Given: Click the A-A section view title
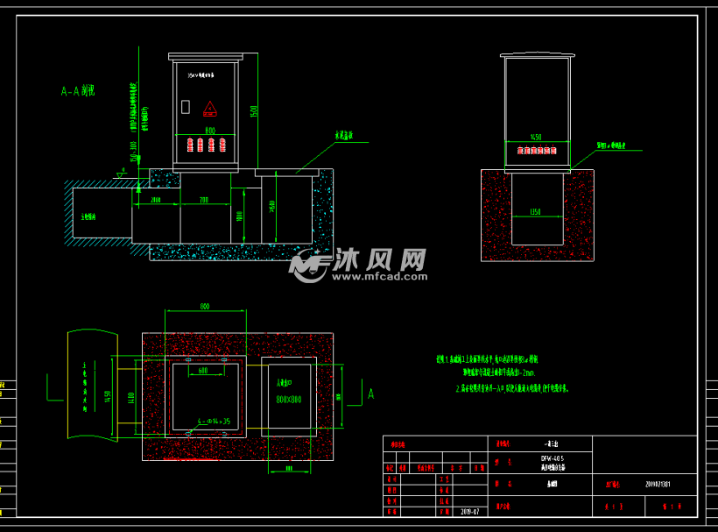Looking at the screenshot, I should [77, 90].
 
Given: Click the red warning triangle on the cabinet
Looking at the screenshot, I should [210, 109].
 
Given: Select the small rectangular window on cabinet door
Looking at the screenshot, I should [185, 107].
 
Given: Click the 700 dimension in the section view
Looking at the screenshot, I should [203, 201].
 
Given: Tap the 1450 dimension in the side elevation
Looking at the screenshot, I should [537, 138].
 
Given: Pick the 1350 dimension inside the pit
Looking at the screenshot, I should [537, 211].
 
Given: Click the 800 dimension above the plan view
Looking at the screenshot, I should [206, 307].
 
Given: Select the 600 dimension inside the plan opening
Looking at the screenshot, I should [203, 372].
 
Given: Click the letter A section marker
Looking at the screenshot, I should [370, 395].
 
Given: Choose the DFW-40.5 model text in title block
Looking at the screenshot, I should [552, 458].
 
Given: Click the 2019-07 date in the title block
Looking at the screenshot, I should [470, 510].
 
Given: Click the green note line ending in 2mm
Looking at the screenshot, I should [494, 372].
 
